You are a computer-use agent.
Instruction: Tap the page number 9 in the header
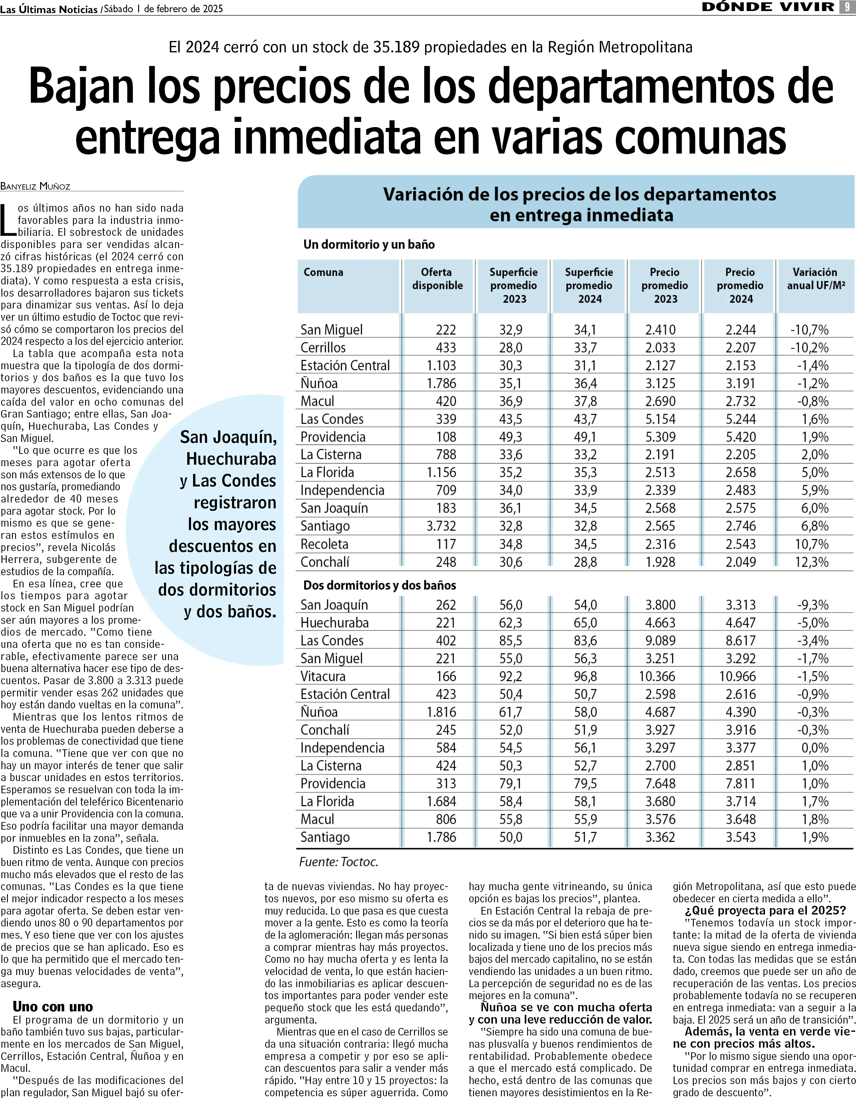pos(848,7)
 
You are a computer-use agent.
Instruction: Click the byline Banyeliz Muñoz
pos(35,186)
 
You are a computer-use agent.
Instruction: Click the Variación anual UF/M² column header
pos(815,279)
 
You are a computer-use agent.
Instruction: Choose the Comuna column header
pos(323,272)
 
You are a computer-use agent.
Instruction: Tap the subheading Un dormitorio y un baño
pos(369,245)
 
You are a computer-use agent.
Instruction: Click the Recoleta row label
pos(324,544)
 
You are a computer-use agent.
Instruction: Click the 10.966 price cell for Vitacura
pos(737,677)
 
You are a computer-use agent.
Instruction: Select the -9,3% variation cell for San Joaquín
pos(812,605)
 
